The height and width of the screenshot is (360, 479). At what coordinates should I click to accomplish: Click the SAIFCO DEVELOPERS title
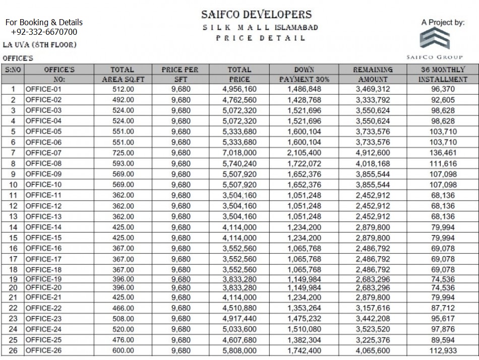256,15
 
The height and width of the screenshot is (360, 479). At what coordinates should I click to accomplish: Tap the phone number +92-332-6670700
44,32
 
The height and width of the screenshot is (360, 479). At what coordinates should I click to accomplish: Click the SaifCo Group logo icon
435,39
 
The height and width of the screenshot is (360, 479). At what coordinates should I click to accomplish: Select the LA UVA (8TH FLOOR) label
40,45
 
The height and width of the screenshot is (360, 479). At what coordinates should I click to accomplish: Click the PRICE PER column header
180,70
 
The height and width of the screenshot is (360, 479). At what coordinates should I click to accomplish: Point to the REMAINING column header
373,70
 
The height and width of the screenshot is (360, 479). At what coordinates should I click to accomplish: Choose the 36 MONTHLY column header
443,70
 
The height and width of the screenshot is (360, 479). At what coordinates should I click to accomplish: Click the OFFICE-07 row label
43,153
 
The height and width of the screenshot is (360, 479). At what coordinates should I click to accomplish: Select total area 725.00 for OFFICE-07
124,153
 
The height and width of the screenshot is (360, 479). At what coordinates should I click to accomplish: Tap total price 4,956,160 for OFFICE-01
239,89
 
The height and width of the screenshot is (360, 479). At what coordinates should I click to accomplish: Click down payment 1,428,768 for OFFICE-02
304,100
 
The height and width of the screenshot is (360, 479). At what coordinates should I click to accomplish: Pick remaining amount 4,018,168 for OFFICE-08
373,163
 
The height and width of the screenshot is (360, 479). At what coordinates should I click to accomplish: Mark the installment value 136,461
443,153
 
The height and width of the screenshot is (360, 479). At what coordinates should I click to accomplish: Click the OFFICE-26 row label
43,350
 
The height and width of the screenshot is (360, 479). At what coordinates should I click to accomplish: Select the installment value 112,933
443,350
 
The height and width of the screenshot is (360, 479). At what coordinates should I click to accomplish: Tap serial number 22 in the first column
13,308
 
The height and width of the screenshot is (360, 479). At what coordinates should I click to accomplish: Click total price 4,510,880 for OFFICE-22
239,308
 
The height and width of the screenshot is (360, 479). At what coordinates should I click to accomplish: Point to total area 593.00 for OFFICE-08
124,163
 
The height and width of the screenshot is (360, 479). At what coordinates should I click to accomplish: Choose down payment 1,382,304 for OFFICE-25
304,340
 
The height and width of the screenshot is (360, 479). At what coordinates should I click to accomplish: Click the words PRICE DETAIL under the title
261,38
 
